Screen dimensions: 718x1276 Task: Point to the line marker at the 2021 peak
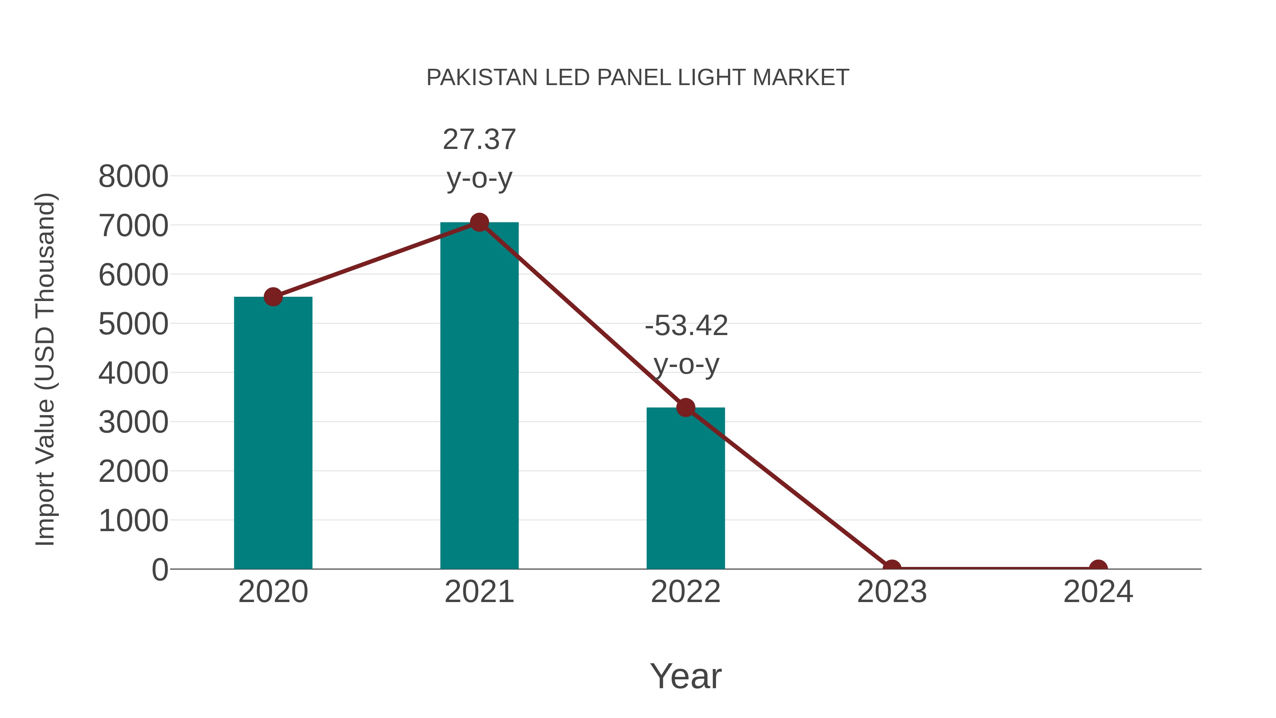pos(479,222)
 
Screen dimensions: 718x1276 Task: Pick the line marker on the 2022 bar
pos(685,407)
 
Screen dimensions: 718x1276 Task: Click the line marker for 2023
pos(892,568)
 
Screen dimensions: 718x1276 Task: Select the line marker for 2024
pos(1098,568)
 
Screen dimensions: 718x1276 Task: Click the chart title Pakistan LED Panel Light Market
pos(638,78)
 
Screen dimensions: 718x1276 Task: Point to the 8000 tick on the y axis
pos(133,177)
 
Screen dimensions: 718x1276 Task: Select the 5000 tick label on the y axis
pos(133,324)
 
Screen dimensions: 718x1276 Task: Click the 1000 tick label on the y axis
pos(133,521)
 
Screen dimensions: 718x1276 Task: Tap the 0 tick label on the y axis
pos(160,570)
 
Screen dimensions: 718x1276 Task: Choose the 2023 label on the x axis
pos(892,592)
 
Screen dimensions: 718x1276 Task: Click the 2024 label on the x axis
pos(1098,592)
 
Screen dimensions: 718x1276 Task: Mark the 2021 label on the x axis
pos(479,592)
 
